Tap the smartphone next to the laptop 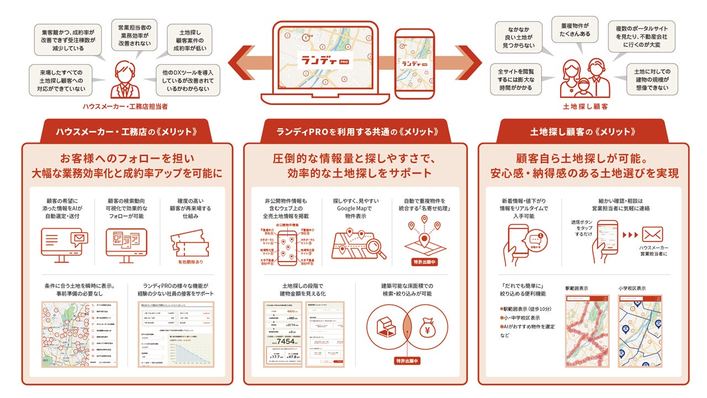[414, 63]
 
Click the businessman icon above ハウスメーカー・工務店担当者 [125, 81]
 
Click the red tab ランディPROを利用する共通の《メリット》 [358, 132]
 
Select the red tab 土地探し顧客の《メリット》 [583, 132]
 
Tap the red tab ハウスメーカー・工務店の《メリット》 [126, 132]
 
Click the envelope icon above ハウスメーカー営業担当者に [652, 234]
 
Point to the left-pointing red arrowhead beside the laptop [238, 62]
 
